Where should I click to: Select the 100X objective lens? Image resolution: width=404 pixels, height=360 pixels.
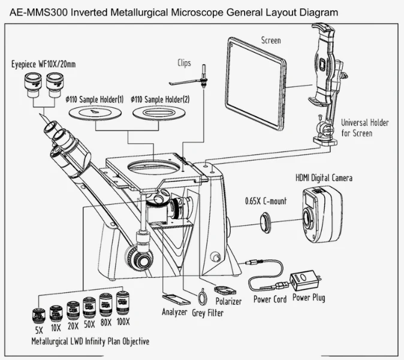(x=123, y=302)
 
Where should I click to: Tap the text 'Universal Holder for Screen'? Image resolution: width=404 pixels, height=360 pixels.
(x=364, y=128)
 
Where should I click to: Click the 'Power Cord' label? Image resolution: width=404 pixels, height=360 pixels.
(x=270, y=299)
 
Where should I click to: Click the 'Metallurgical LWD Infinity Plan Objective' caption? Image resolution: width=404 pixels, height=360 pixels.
(x=90, y=341)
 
